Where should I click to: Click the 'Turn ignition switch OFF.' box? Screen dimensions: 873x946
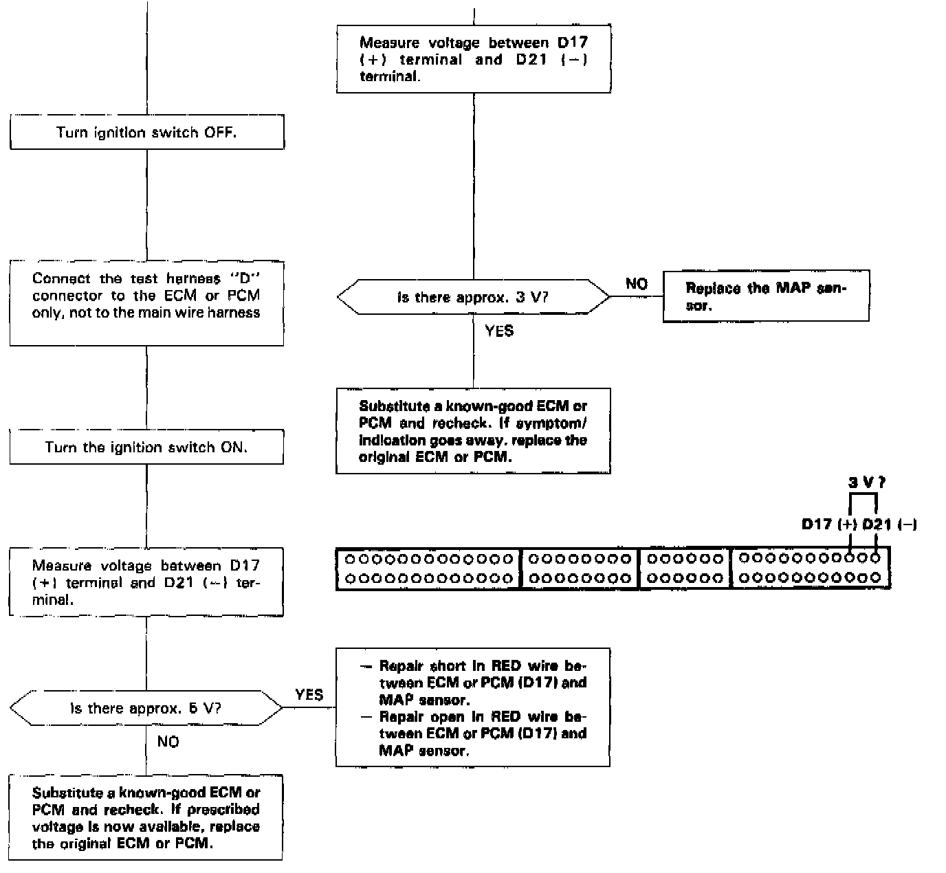(146, 133)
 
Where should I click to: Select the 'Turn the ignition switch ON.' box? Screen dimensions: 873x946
(146, 447)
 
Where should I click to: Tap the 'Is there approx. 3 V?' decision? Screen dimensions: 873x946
(473, 298)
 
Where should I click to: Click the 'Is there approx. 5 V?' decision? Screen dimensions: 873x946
(146, 708)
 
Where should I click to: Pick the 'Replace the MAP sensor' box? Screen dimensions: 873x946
(766, 296)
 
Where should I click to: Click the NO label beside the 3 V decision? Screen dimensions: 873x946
(637, 284)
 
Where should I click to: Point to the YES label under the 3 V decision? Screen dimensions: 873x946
(499, 331)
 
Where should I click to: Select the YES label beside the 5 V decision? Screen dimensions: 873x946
(309, 695)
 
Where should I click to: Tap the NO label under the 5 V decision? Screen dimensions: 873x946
(168, 742)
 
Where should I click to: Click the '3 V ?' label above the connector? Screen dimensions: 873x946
(867, 483)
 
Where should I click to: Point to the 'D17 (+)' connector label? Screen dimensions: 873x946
(828, 524)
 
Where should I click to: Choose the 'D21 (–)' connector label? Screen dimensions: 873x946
(890, 524)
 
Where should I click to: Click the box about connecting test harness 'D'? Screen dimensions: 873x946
(146, 303)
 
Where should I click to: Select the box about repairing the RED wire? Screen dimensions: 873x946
(473, 707)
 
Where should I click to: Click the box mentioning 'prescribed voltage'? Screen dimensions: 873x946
(146, 817)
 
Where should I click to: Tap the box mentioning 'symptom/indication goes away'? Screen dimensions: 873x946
(473, 431)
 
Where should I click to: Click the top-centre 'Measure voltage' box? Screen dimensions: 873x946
(474, 59)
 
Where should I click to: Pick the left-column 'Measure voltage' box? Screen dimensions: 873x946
(146, 582)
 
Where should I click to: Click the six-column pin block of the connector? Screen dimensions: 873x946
(685, 568)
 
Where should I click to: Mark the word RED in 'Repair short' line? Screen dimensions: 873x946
(506, 666)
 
